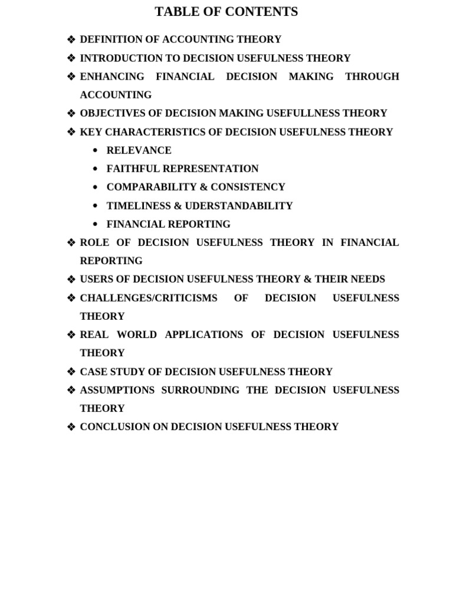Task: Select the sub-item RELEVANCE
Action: point(139,150)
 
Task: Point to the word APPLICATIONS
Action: point(204,335)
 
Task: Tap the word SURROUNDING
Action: point(201,390)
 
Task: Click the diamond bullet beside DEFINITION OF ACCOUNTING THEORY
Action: point(71,40)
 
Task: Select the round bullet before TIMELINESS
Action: point(96,206)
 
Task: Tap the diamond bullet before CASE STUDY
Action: point(71,372)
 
